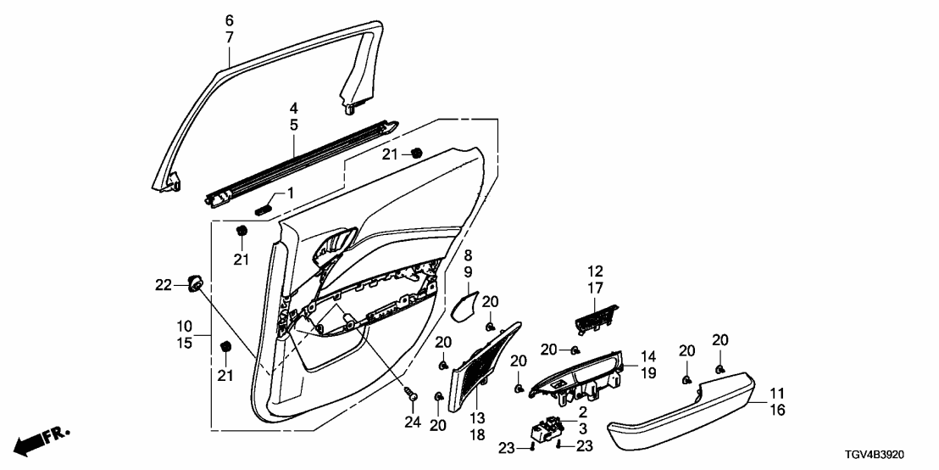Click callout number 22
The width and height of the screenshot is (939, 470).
(164, 284)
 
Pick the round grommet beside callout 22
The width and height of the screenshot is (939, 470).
(196, 283)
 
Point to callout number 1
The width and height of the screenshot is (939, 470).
(290, 194)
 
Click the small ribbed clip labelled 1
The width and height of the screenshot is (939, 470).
(264, 206)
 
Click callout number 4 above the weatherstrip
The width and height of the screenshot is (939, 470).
(294, 109)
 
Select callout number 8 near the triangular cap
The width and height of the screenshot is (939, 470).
(467, 255)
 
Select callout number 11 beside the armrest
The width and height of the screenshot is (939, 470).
(776, 394)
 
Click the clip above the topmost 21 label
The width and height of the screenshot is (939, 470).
(416, 154)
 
